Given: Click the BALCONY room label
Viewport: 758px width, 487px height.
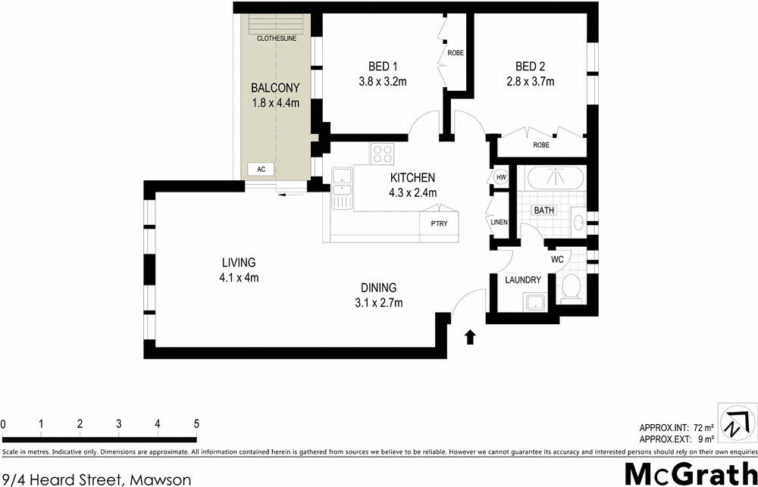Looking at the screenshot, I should tap(276, 88).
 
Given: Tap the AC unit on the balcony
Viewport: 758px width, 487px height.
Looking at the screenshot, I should tap(261, 169).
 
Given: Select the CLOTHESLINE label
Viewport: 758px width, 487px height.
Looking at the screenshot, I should tap(276, 38).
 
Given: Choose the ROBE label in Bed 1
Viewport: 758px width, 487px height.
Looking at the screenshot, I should tap(456, 53).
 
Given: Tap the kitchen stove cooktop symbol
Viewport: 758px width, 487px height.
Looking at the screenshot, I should tap(382, 155).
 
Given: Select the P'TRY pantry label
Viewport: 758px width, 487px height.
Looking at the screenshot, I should tap(439, 223).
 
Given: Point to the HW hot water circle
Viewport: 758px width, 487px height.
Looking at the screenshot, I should tap(500, 177).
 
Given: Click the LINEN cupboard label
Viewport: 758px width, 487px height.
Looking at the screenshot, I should tap(500, 222).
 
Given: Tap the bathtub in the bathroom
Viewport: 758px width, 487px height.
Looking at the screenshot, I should tap(555, 180).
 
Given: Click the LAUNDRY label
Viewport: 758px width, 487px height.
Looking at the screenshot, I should tap(524, 280).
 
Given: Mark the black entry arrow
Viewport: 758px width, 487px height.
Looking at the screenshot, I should tap(470, 336).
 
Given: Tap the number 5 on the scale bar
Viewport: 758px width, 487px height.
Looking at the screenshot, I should tap(196, 423).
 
